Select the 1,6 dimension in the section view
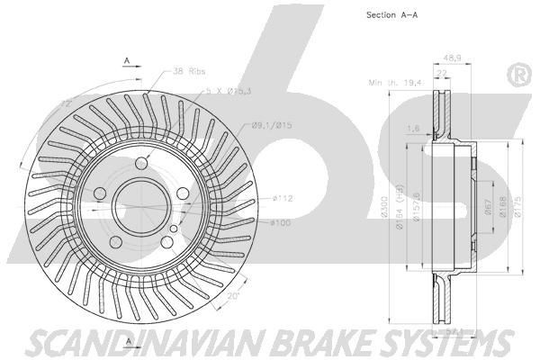click(x=412, y=130)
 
